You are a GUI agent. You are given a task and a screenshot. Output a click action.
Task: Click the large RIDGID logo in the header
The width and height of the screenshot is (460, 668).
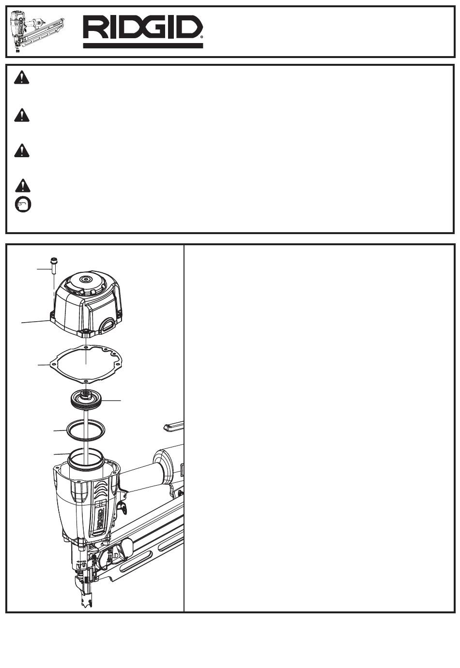[143, 31]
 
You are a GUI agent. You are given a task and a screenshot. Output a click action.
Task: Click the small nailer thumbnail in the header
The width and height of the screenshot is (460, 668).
[36, 31]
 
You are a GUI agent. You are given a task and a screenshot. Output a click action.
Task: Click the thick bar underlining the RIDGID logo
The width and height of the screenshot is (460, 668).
[143, 45]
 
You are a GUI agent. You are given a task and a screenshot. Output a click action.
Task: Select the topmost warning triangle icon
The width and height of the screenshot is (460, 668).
[22, 77]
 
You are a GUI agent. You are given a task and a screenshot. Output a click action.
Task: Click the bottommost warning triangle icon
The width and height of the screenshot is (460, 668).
[22, 185]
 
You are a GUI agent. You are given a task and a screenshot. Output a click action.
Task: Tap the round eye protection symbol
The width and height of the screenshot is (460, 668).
[23, 205]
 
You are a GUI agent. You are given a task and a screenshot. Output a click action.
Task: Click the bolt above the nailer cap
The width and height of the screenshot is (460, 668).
[54, 266]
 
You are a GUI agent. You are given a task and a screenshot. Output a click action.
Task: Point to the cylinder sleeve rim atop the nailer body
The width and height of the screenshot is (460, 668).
[86, 459]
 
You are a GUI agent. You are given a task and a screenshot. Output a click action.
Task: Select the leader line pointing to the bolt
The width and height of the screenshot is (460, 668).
[44, 269]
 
